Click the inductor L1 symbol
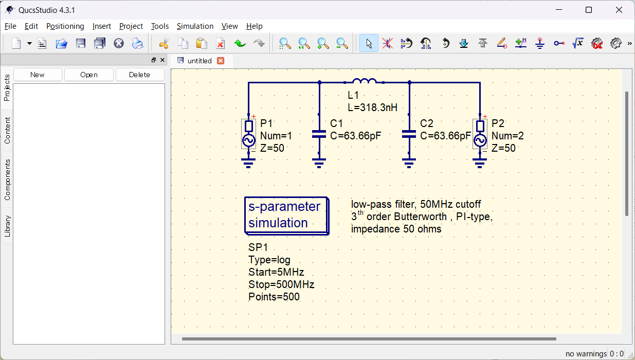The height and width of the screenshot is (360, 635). [x=365, y=81]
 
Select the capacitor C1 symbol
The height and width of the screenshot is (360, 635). [x=319, y=134]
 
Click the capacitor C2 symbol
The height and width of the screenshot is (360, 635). [x=409, y=134]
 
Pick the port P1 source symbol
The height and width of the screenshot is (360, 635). [x=248, y=134]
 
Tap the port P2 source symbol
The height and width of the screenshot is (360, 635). [x=480, y=134]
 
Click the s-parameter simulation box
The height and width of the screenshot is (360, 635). [x=286, y=215]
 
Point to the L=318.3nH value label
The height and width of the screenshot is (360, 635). [x=372, y=107]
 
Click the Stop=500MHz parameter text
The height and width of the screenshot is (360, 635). [x=281, y=284]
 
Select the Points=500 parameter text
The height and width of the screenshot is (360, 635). [x=274, y=297]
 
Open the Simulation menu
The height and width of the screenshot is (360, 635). [x=195, y=26]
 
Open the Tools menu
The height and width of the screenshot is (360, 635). [x=160, y=26]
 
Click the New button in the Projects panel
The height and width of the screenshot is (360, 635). [x=38, y=75]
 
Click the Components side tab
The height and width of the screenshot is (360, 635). [x=7, y=179]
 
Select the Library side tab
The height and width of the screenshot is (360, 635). [x=7, y=226]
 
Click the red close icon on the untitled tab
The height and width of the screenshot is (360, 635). [x=221, y=61]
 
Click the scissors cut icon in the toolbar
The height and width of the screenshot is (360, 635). [x=164, y=43]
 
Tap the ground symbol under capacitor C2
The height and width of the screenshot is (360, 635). [x=409, y=164]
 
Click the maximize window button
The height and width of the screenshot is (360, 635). [x=589, y=10]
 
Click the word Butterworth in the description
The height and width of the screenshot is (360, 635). [x=420, y=217]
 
